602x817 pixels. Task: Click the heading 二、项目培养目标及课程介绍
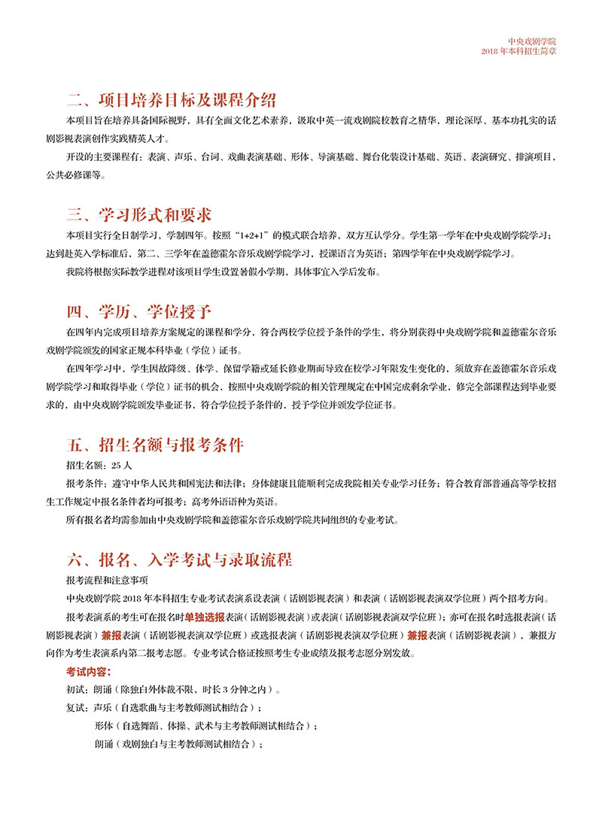click(x=172, y=101)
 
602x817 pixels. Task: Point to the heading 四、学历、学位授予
click(x=139, y=310)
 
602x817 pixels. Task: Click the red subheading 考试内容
click(x=89, y=670)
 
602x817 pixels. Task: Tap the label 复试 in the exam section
click(x=76, y=708)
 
